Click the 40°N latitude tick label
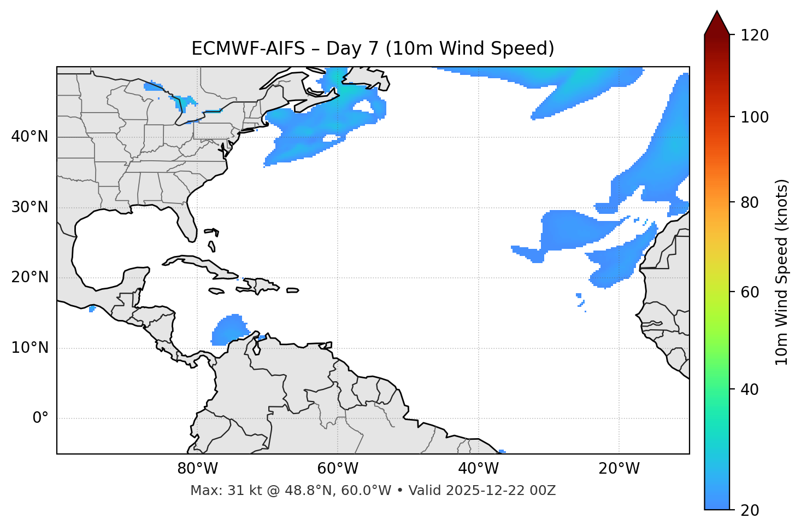tap(30, 137)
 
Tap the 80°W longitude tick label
tap(197, 469)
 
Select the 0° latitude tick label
tap(40, 418)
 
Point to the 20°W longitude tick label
tap(619, 469)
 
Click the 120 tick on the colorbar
tap(755, 36)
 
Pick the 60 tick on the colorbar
tap(751, 292)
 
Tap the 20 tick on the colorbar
tap(751, 510)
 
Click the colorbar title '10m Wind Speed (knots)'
tap(782, 272)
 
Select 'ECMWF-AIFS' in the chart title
tap(248, 49)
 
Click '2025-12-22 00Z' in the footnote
tap(500, 491)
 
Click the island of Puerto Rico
tap(293, 290)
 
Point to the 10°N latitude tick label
tap(30, 348)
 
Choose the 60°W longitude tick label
tap(337, 469)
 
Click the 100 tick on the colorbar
tap(755, 117)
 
